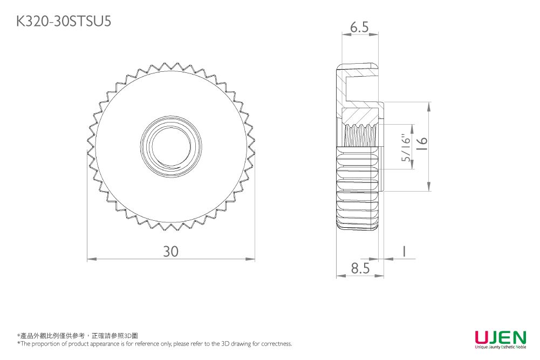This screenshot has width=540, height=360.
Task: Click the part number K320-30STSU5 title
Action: tap(64, 22)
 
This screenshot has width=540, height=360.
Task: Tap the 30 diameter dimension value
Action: tap(171, 252)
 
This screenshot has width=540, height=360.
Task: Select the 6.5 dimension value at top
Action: tap(359, 27)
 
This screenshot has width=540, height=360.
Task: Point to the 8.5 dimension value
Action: tap(360, 268)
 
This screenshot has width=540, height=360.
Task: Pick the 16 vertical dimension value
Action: tap(422, 144)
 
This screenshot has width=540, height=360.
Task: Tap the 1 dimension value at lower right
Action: tap(404, 251)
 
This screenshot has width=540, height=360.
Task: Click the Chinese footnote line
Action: tap(78, 336)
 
